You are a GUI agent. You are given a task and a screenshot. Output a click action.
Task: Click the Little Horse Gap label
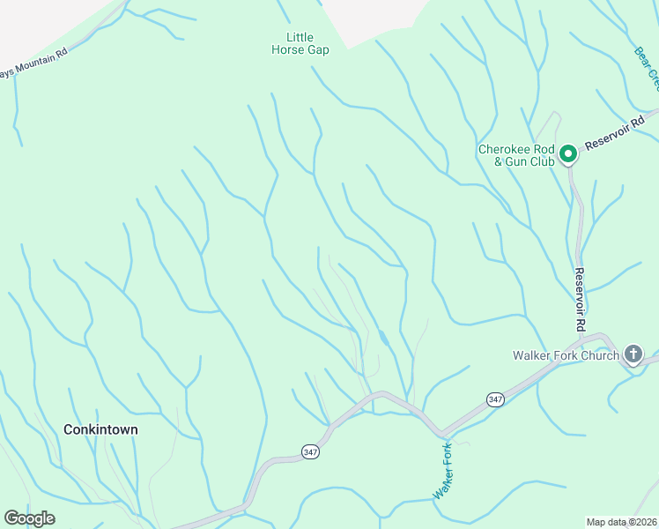coord(300,43)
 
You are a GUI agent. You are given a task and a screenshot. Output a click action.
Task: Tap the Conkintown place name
coord(100,429)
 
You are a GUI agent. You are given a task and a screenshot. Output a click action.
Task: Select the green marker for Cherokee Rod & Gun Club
coord(568,154)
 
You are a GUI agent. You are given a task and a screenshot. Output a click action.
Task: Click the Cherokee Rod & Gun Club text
coord(515,155)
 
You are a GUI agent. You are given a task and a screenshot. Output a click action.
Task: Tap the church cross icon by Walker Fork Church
coord(633,355)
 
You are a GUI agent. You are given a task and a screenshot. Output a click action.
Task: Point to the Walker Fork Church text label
coord(566,356)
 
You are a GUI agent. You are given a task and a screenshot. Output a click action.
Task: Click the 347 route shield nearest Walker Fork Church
coord(496,399)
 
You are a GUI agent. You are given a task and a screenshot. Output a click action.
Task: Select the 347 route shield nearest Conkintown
coord(309,451)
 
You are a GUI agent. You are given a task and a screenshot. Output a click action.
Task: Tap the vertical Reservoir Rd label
coord(580,300)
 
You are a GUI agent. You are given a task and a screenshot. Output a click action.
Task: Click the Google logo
coord(29,518)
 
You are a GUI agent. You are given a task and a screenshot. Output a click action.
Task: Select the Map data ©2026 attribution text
coord(621,522)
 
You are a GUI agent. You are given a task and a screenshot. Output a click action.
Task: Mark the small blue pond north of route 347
coord(383,337)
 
